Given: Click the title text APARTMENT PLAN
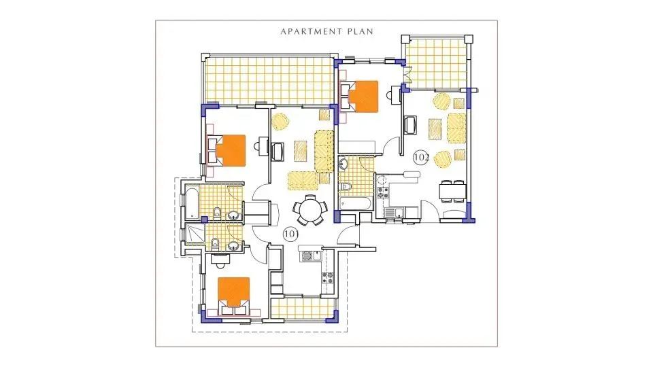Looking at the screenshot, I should tap(326, 31).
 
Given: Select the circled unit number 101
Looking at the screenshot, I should tap(290, 234).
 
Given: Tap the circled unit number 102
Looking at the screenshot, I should tap(421, 158).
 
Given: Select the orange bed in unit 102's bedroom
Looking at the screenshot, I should tap(364, 96).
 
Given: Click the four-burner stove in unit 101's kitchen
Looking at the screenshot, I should tap(327, 277).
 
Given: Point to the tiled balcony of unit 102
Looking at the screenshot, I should tap(435, 63).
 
